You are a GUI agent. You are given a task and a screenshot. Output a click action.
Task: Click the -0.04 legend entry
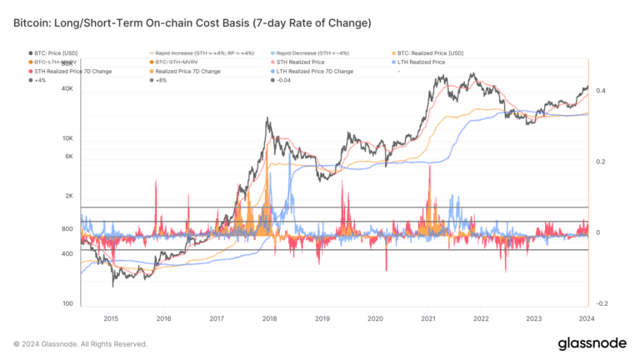coord(283,80)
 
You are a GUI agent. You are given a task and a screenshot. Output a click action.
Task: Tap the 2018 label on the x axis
coord(269,318)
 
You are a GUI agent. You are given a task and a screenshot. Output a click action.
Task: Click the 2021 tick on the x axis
coord(428,318)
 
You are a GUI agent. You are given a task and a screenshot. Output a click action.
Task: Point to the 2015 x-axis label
coord(110,318)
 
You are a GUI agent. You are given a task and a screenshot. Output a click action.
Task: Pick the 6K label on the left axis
coord(69,156)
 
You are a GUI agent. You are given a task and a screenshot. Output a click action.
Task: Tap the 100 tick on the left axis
coord(68,304)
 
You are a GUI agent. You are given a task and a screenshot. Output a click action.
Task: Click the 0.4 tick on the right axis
coord(601,90)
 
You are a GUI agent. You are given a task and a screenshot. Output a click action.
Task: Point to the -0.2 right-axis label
coord(601,303)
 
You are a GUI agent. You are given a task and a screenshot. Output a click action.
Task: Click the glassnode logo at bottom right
coord(593,343)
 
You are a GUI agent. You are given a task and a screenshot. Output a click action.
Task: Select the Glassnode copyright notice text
coord(80,343)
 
